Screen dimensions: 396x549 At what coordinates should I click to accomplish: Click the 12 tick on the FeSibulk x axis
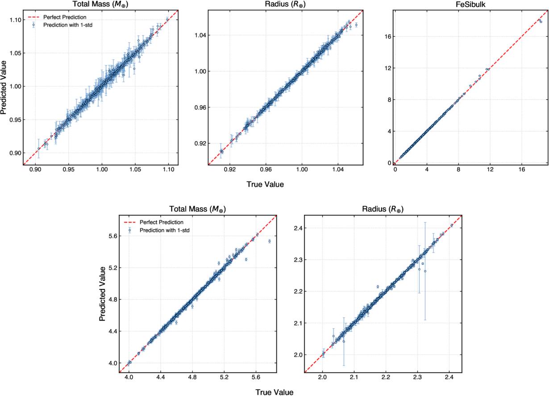click(x=490, y=170)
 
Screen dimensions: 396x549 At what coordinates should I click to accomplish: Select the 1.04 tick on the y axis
click(x=199, y=35)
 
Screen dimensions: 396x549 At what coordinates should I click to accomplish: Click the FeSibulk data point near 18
click(x=541, y=21)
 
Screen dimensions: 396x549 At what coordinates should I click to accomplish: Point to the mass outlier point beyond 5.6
click(x=270, y=241)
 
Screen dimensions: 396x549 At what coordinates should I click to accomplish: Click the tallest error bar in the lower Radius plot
click(x=425, y=271)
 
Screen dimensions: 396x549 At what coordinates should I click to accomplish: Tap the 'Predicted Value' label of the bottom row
click(x=103, y=293)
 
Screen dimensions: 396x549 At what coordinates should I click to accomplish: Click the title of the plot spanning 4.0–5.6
click(x=200, y=209)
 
